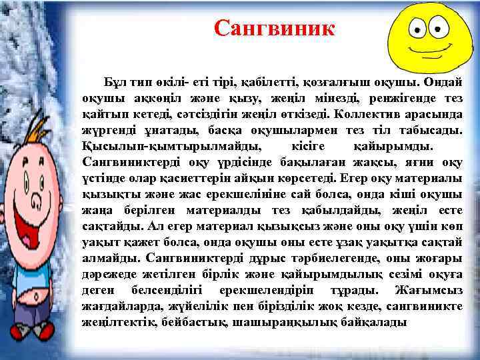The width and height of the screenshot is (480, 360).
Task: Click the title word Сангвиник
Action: (x=275, y=28)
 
